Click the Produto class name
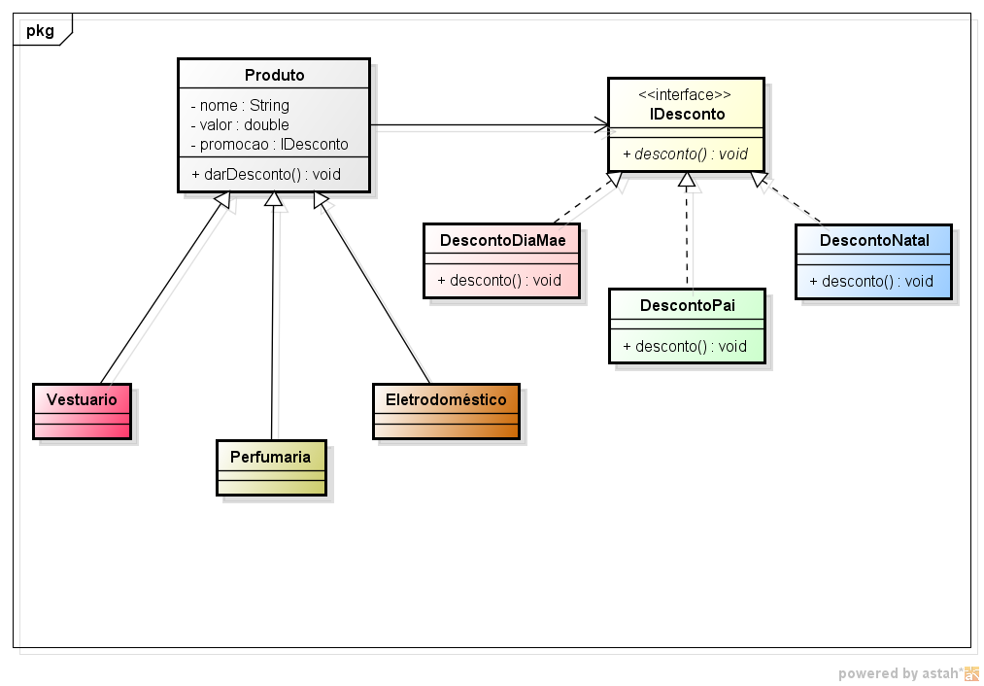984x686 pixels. click(274, 75)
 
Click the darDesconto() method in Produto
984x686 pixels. click(266, 174)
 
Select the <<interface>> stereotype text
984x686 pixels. click(685, 94)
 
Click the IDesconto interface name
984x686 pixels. click(687, 114)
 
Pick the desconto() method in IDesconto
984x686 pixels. click(686, 154)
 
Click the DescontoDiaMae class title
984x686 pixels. click(502, 240)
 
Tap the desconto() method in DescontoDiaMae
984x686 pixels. click(499, 280)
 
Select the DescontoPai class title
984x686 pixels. click(687, 305)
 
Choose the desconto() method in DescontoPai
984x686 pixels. click(685, 346)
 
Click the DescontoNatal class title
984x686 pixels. click(874, 240)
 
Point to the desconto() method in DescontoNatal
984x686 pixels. click(871, 282)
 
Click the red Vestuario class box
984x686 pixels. click(82, 410)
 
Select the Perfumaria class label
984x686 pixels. click(270, 456)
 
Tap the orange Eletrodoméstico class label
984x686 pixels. click(446, 399)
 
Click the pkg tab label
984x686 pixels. click(40, 30)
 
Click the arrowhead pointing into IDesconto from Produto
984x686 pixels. click(603, 125)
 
